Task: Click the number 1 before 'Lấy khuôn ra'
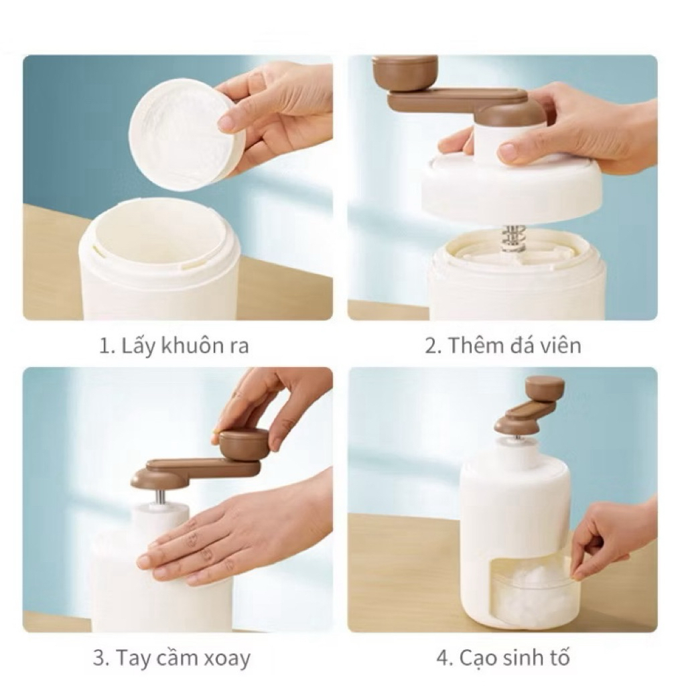pos(105,346)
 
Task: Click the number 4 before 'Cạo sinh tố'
pos(444,658)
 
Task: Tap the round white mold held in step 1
pos(186,135)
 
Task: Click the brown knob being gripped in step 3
pos(244,444)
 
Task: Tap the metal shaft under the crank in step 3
pos(161,498)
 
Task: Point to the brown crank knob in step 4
pos(545,388)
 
